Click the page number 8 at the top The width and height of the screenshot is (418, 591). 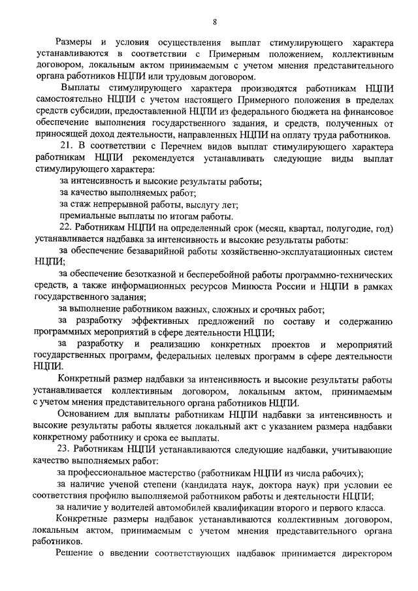point(215,22)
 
